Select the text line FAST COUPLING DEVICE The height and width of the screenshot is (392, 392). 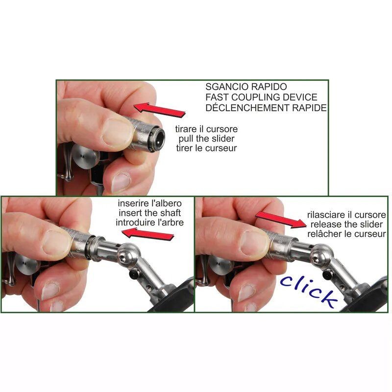click(x=261, y=98)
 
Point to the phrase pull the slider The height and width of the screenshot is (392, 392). click(x=206, y=139)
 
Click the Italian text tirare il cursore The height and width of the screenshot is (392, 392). click(x=206, y=129)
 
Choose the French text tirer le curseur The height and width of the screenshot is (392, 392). click(x=206, y=148)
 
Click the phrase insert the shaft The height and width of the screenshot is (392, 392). click(x=149, y=213)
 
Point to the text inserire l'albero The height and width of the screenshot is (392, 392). click(x=149, y=203)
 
